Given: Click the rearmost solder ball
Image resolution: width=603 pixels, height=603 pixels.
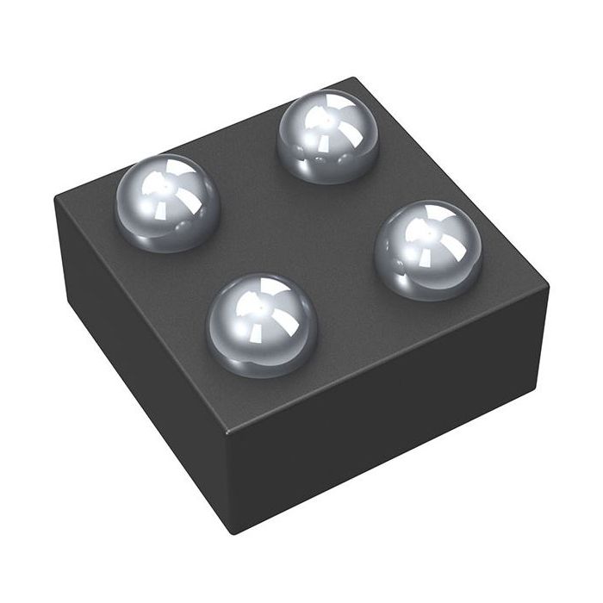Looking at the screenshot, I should [x=328, y=137].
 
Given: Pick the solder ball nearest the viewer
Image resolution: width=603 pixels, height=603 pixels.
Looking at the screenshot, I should [x=262, y=325].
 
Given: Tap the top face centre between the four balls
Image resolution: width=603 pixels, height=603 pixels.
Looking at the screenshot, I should [x=297, y=228].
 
